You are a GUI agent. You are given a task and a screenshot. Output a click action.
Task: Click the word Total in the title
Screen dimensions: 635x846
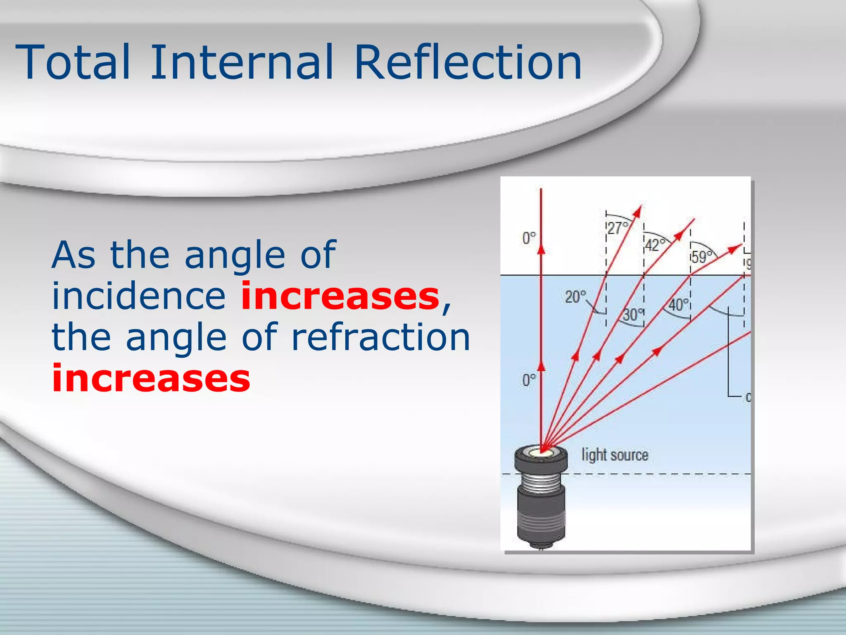[73, 63]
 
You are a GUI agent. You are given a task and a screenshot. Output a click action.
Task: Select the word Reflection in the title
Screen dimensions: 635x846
[468, 63]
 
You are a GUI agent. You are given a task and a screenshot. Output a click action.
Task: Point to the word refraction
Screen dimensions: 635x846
[381, 337]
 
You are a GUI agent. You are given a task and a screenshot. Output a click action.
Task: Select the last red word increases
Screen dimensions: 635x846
[151, 379]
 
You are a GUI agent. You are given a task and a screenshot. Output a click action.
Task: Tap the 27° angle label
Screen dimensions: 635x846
[618, 228]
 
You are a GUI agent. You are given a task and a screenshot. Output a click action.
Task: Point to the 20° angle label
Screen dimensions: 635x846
[575, 297]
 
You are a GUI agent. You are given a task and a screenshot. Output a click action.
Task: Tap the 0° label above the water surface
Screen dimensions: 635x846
[529, 238]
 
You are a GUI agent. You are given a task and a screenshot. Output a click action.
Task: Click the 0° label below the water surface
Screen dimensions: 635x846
[529, 380]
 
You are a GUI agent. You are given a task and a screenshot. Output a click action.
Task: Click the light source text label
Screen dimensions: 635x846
[615, 455]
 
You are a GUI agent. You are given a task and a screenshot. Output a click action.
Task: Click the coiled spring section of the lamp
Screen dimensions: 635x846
[540, 482]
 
